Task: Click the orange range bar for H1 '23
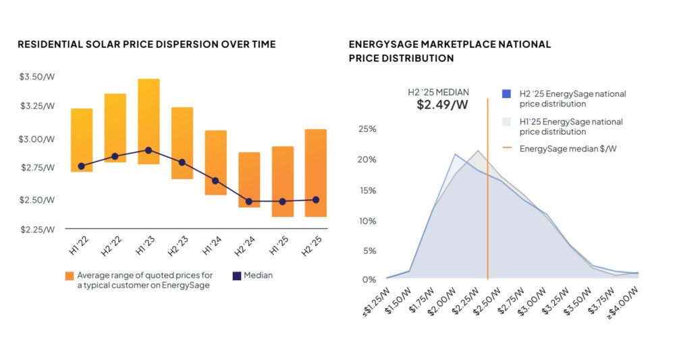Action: click(x=148, y=122)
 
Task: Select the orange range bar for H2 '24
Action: click(x=249, y=180)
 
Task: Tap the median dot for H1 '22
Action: click(x=82, y=166)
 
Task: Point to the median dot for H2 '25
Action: click(x=316, y=200)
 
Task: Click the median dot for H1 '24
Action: click(x=215, y=181)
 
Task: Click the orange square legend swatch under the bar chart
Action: click(x=69, y=276)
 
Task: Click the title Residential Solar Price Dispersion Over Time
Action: click(x=146, y=45)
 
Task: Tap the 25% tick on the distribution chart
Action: click(x=367, y=129)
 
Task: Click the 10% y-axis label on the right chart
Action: click(x=367, y=221)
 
